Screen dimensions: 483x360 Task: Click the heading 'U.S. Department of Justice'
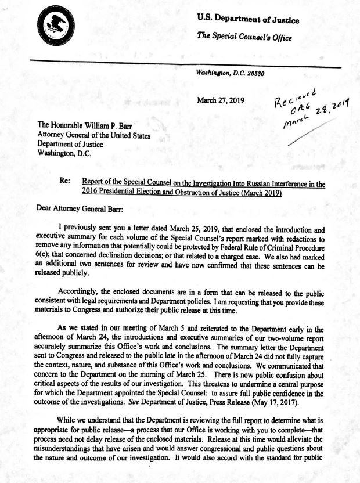pyautogui.click(x=248, y=20)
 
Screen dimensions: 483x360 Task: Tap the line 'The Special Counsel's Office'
pyautogui.click(x=244, y=37)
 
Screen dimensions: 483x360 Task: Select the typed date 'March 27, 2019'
pyautogui.click(x=221, y=100)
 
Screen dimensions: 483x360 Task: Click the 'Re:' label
pyautogui.click(x=66, y=181)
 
